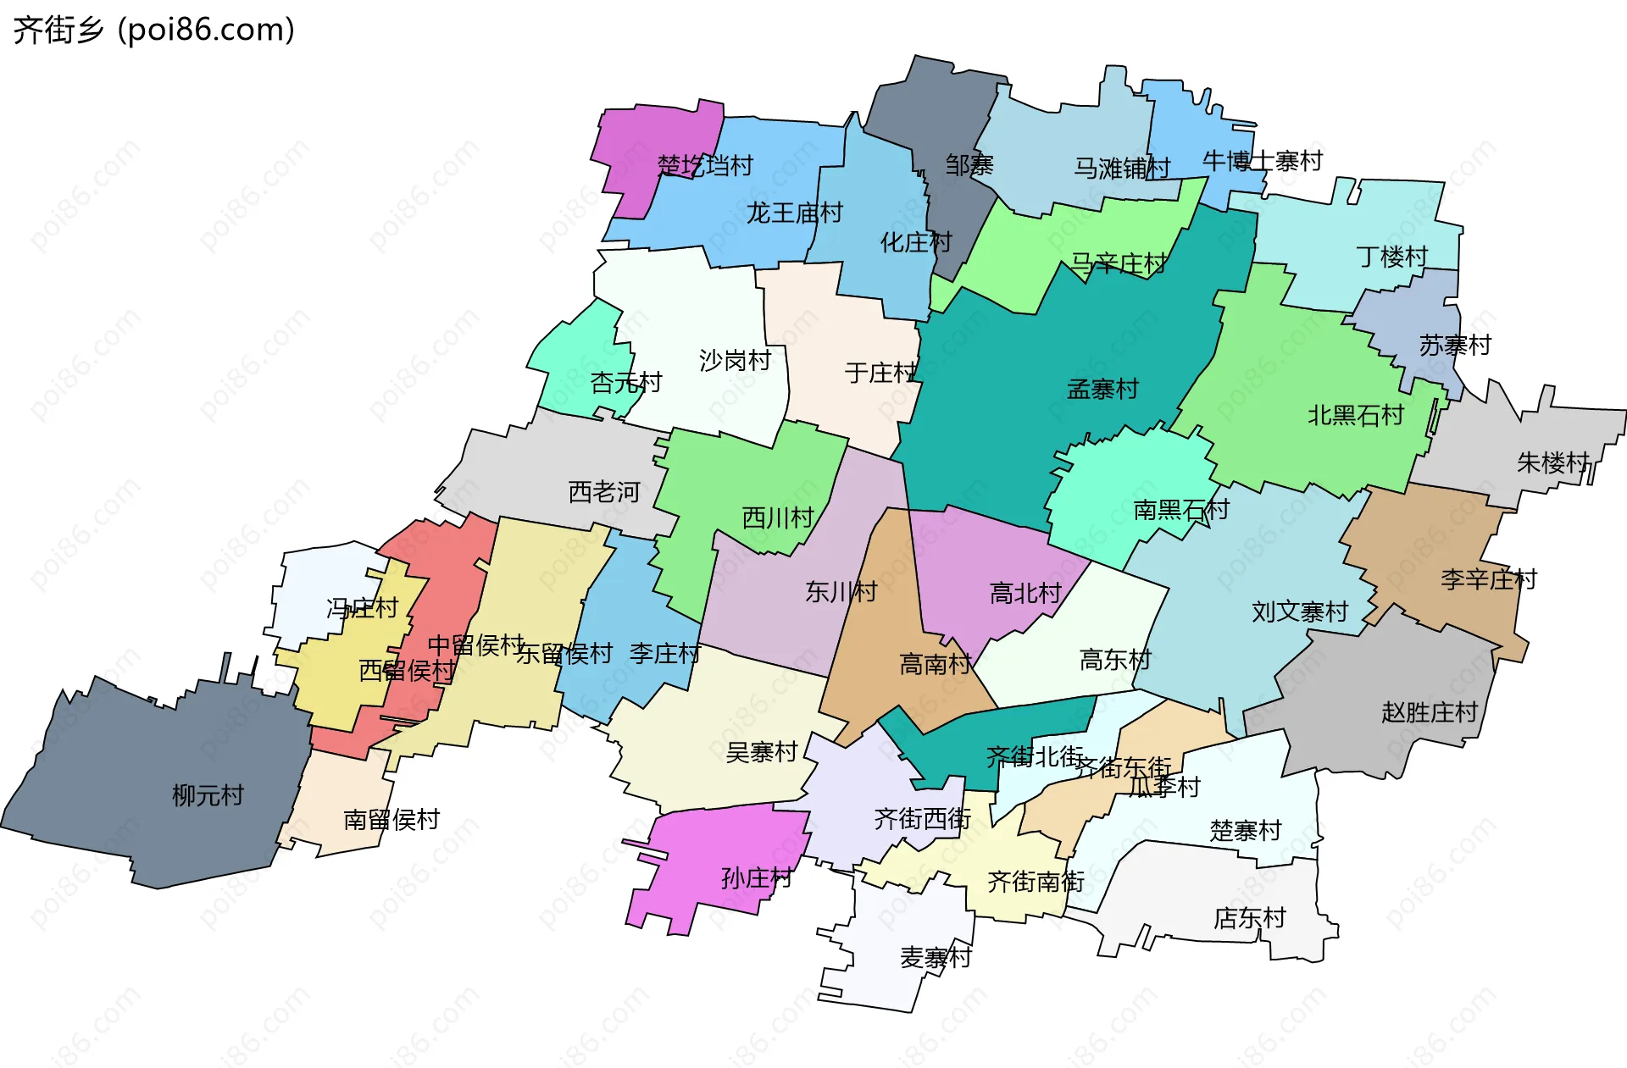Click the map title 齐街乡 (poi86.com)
(x=153, y=30)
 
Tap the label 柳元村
(x=208, y=795)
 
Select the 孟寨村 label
(x=1102, y=390)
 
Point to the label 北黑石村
(x=1355, y=415)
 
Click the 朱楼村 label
(x=1552, y=462)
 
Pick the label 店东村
(x=1249, y=918)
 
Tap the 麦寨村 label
(x=936, y=958)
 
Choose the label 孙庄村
(x=756, y=878)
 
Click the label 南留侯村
(x=391, y=820)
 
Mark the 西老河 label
(x=603, y=492)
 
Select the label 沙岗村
(x=735, y=361)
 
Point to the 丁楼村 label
(x=1391, y=257)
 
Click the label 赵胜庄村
(x=1429, y=712)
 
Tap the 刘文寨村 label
(x=1299, y=611)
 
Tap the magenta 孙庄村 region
(x=720, y=838)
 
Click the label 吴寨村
(x=761, y=752)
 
